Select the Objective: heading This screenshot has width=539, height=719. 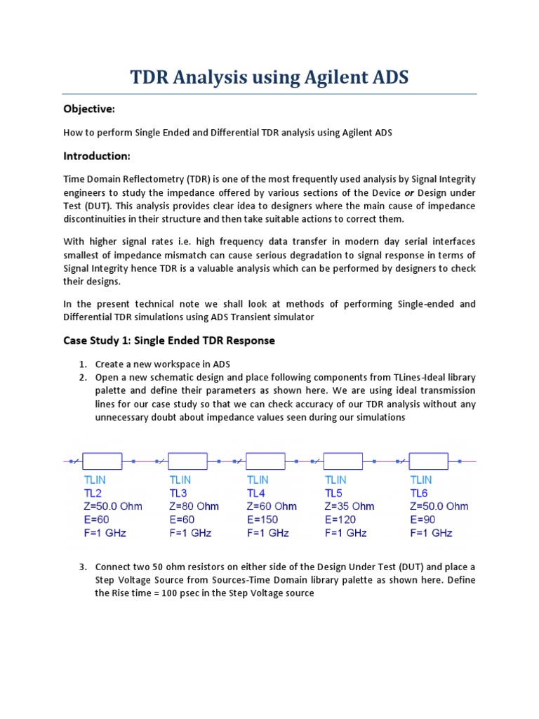pos(89,109)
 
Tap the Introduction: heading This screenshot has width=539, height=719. pos(97,155)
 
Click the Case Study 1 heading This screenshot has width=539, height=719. pos(168,341)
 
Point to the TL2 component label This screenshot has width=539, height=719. pos(93,493)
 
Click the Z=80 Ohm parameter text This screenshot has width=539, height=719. pos(194,506)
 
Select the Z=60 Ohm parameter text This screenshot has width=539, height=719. pos(272,506)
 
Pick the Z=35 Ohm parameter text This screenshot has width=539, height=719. pos(350,506)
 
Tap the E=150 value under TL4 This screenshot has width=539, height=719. pos(262,520)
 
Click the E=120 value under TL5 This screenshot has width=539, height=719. pos(340,520)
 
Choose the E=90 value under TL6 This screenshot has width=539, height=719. pos(423,520)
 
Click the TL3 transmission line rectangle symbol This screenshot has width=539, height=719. pos(188,461)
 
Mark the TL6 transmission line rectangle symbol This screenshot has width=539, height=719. pos(428,461)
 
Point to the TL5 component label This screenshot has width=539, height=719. pos(335,493)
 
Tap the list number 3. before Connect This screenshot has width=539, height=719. pos(83,567)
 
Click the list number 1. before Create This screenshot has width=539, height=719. pos(83,364)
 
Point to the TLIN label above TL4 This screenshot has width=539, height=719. pos(258,480)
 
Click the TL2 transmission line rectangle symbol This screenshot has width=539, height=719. pos(102,461)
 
